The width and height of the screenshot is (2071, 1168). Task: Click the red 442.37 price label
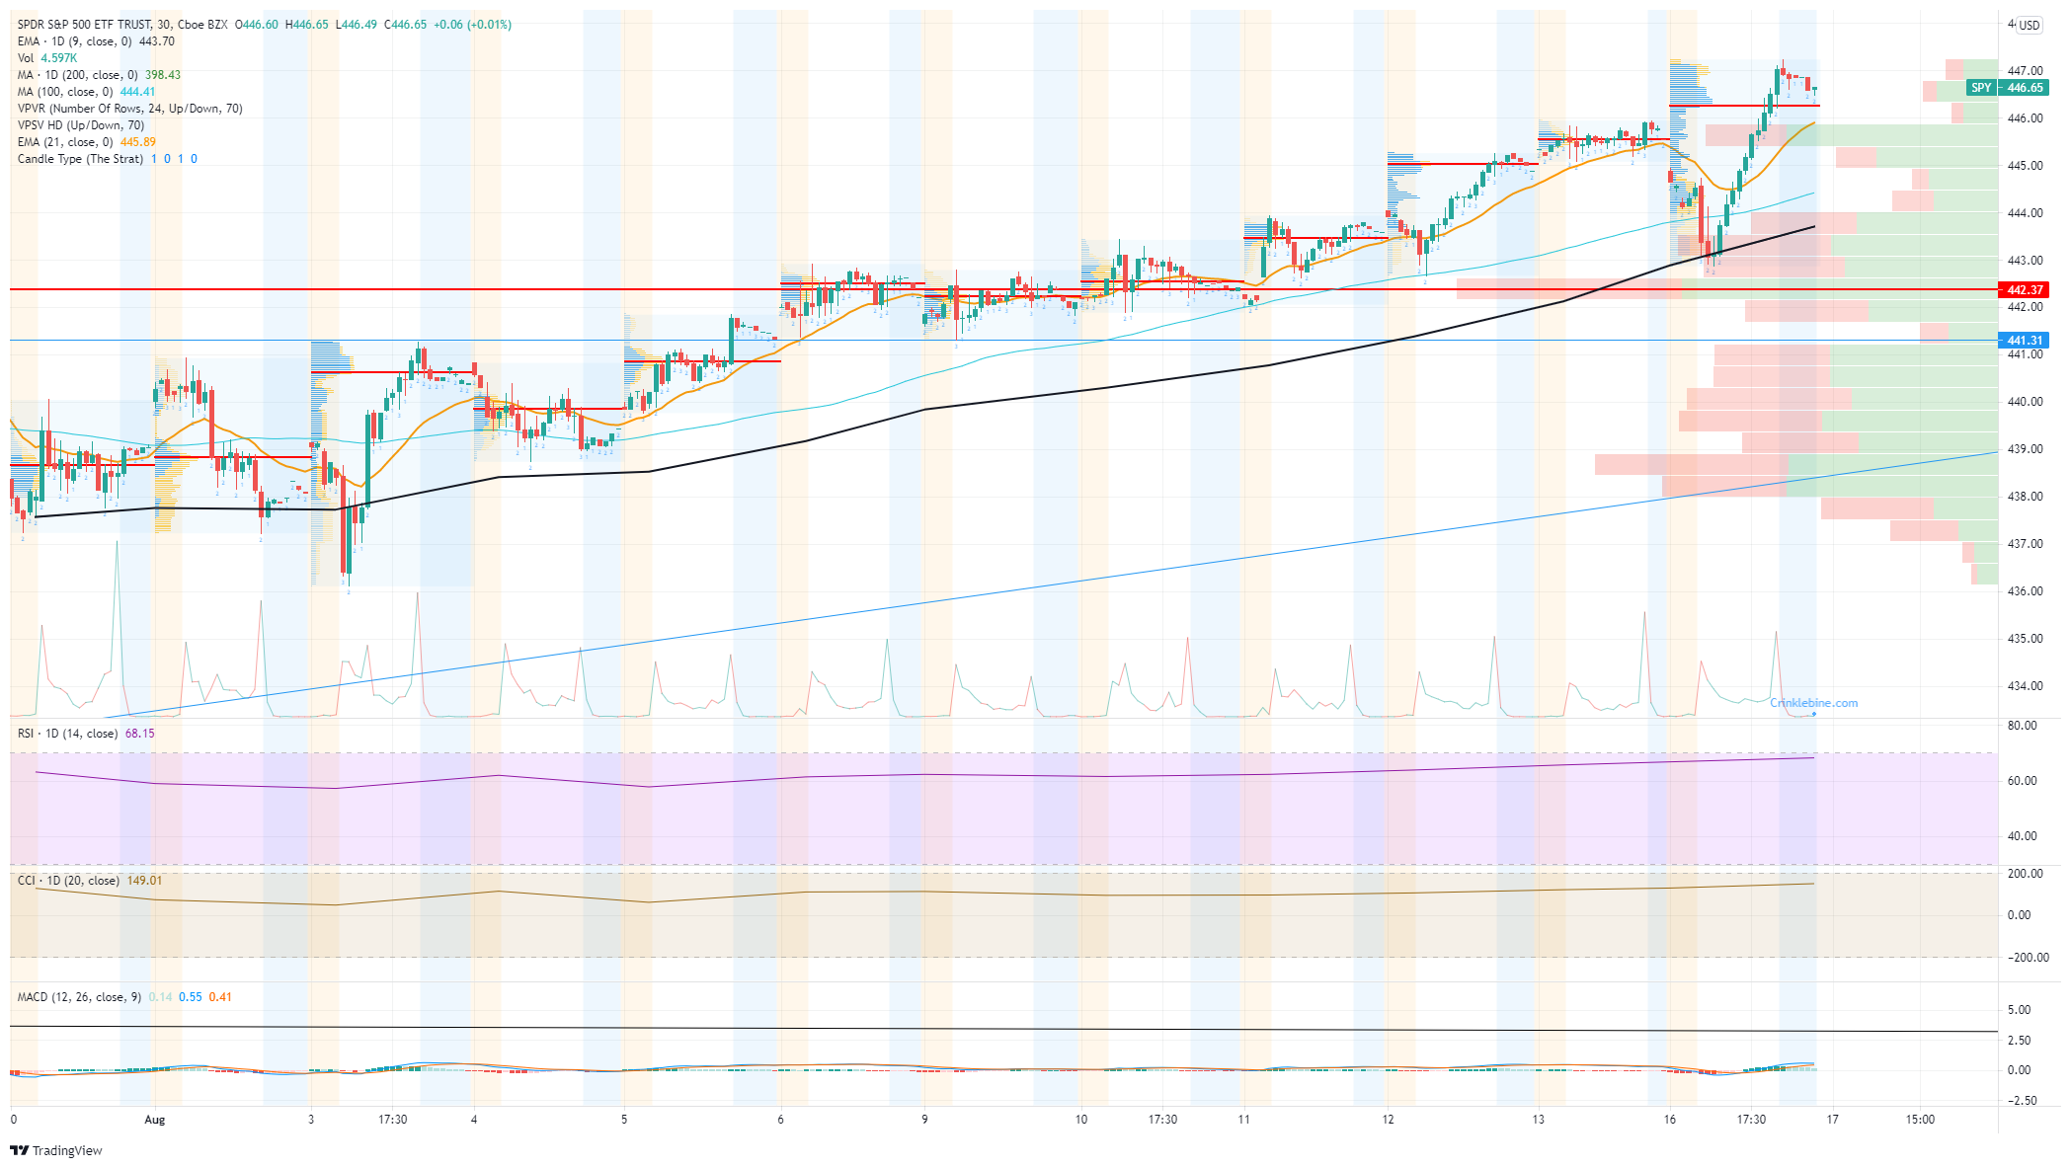(x=2024, y=290)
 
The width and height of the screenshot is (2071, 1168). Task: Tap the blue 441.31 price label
(x=2024, y=341)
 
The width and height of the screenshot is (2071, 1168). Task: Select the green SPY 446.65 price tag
(x=2008, y=88)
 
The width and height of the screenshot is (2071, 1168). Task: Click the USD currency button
(x=2029, y=26)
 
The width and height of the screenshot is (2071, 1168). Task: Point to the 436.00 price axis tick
(x=2025, y=591)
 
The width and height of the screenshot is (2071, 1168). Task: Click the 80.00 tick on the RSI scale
(x=2023, y=726)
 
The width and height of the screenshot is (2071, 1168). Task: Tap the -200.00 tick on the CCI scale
(x=2027, y=958)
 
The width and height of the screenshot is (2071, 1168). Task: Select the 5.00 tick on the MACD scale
(x=2020, y=1010)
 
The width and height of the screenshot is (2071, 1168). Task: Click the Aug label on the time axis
(x=155, y=1120)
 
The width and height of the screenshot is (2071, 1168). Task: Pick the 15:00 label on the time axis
(x=1920, y=1120)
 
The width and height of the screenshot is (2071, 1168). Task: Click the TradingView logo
(x=56, y=1150)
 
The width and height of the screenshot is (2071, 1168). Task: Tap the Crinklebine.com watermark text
(x=1813, y=703)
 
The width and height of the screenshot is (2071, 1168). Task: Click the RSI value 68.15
(x=139, y=734)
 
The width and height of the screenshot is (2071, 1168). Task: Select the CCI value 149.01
(x=144, y=881)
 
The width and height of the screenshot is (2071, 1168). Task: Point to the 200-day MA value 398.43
(x=163, y=75)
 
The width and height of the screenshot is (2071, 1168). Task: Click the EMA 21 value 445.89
(x=138, y=142)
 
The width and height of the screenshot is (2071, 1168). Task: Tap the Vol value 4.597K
(x=58, y=58)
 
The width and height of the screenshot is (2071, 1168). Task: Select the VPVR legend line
(x=129, y=109)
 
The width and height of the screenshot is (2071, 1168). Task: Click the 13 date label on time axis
(x=1538, y=1120)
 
